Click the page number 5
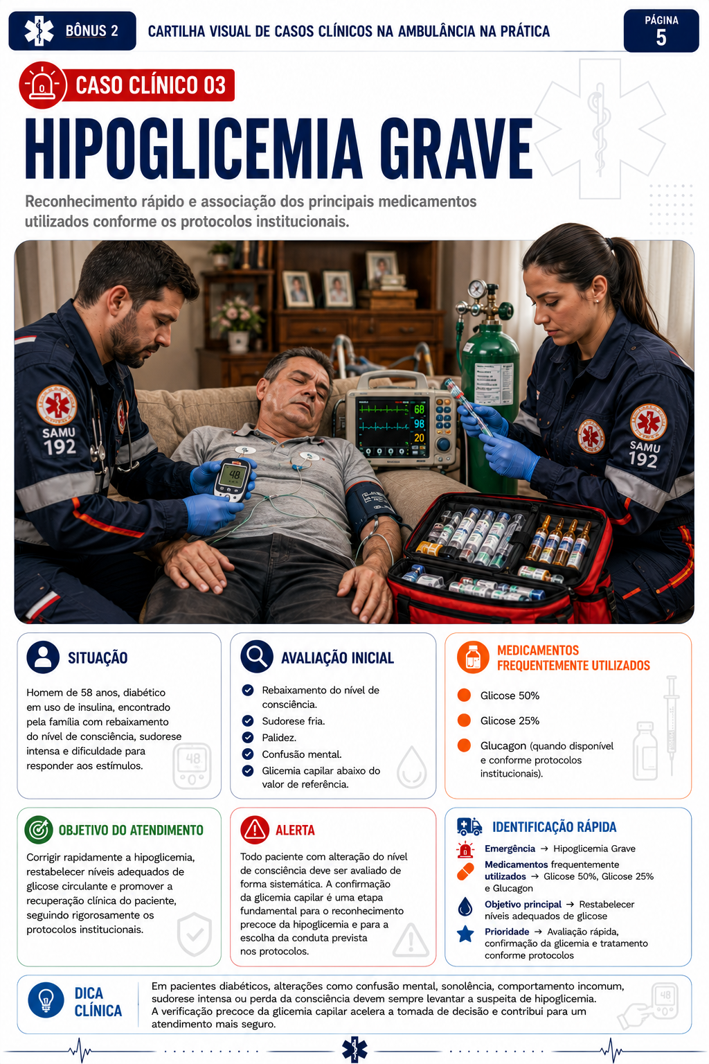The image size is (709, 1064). pyautogui.click(x=661, y=37)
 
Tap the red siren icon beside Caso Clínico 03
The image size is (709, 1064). pyautogui.click(x=42, y=85)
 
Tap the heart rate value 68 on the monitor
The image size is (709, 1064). pyautogui.click(x=420, y=409)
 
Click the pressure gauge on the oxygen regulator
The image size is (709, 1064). pyautogui.click(x=476, y=288)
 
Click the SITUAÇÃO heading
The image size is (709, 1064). pyautogui.click(x=98, y=658)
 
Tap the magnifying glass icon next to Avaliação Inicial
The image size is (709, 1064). pyautogui.click(x=257, y=657)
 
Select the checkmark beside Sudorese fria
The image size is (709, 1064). pyautogui.click(x=248, y=721)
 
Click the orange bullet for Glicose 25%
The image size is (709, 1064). pyautogui.click(x=464, y=720)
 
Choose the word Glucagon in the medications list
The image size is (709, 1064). pyautogui.click(x=503, y=746)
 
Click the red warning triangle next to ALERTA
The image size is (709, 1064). pyautogui.click(x=255, y=830)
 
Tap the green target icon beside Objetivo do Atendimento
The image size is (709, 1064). pyautogui.click(x=39, y=830)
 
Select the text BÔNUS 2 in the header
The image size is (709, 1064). pyautogui.click(x=91, y=31)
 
